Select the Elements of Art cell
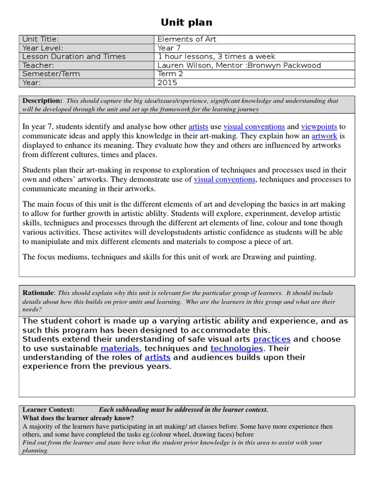coord(187,39)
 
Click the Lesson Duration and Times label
coord(74,56)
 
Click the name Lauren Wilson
coord(180,65)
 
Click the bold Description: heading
coord(42,101)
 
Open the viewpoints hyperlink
coord(319,127)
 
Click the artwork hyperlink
coord(324,136)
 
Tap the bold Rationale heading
coord(38,293)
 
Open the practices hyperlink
coord(271,339)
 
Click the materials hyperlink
coord(120,348)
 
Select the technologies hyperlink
coord(237,348)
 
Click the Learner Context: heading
coord(49,410)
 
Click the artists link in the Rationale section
coord(158,358)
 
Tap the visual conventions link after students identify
coord(254,127)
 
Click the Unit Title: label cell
coord(41,39)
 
